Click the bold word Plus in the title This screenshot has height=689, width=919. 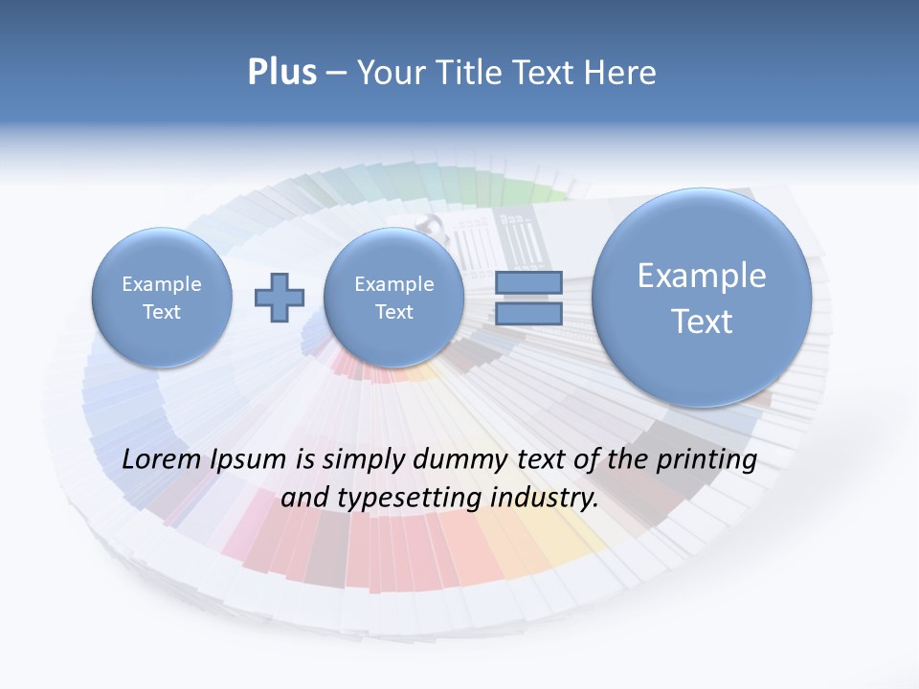click(x=281, y=73)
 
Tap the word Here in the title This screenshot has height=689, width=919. click(x=620, y=73)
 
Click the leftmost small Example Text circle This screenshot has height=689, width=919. click(x=162, y=298)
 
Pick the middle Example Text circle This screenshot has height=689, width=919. click(x=393, y=298)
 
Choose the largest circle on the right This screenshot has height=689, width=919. click(x=702, y=298)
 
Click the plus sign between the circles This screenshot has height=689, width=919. click(x=280, y=298)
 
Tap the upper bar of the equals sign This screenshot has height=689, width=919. click(x=528, y=282)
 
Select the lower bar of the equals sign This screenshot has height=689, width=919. click(x=528, y=313)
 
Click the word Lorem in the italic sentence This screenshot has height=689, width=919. click(x=162, y=459)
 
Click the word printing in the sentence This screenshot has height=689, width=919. click(x=705, y=460)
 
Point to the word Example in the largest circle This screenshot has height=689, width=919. click(x=702, y=276)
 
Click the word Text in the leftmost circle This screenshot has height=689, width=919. click(x=162, y=312)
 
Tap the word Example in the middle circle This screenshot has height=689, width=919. click(x=393, y=284)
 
